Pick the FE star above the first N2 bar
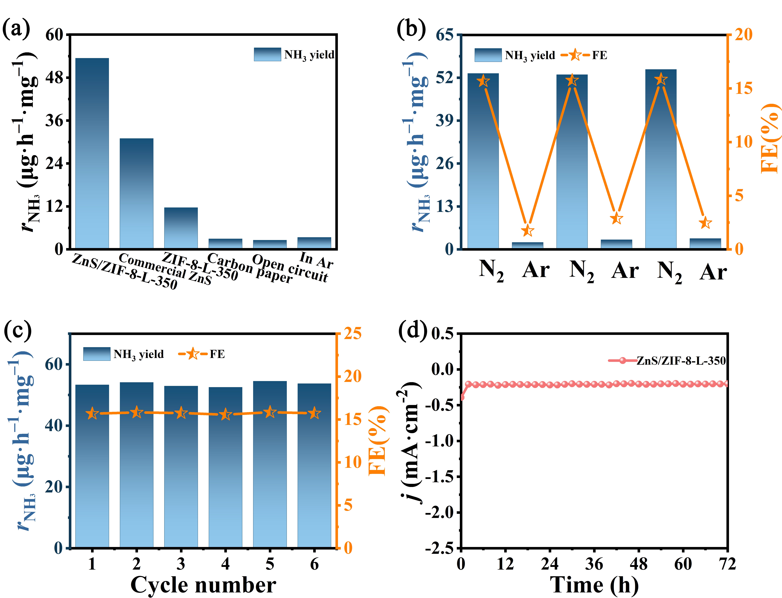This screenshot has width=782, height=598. pos(483,81)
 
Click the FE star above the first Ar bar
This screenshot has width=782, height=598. pos(528,231)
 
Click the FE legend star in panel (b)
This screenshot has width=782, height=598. pos(574,55)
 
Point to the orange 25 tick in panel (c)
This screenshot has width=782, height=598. pos(353,334)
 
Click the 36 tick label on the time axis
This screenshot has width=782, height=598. pos(594,564)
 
